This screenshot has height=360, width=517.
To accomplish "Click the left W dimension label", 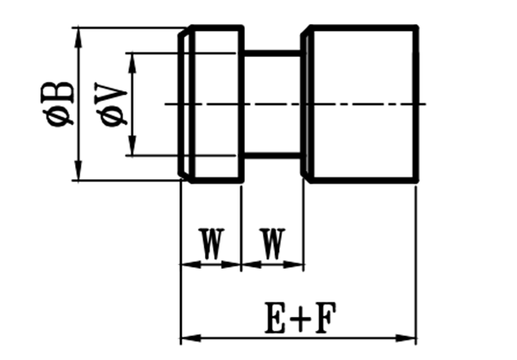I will click(x=210, y=244).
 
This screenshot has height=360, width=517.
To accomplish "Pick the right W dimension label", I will click(x=272, y=244).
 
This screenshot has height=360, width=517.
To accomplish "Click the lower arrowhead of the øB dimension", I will click(x=78, y=173).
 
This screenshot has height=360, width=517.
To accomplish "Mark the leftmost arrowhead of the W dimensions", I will click(x=185, y=263).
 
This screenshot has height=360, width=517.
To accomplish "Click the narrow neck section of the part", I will click(x=272, y=103).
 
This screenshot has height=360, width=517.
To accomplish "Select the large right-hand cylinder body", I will click(x=362, y=103).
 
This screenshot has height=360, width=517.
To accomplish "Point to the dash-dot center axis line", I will click(x=362, y=104).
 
